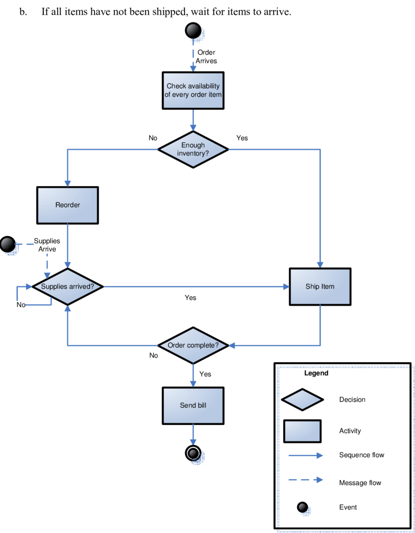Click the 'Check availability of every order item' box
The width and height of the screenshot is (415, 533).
coord(193,90)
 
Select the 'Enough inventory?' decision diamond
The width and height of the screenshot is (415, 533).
coord(193,149)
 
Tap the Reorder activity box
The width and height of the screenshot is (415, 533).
coord(67,205)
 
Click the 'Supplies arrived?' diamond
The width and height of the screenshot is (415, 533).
coord(67,286)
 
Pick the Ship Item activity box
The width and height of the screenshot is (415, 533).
coord(320,286)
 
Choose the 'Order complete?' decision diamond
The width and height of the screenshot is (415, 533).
coord(193,345)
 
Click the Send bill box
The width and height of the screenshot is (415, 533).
coord(193,405)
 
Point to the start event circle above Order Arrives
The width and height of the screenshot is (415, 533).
coord(193,30)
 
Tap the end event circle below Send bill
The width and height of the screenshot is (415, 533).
coord(193,453)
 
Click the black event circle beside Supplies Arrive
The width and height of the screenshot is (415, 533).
coord(8,244)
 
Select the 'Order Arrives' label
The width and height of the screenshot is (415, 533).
coord(206,57)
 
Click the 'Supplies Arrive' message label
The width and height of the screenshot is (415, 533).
coord(47,245)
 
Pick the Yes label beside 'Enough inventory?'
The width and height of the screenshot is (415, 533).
coord(242,138)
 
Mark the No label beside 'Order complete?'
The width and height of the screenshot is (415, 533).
coord(154,356)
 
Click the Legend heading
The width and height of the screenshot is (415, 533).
coord(316,373)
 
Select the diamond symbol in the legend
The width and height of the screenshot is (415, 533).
coord(302,400)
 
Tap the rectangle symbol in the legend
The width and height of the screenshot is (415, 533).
coord(302,431)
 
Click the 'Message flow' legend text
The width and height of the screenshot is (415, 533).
coord(360,483)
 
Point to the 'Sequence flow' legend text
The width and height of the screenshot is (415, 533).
coord(361,455)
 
